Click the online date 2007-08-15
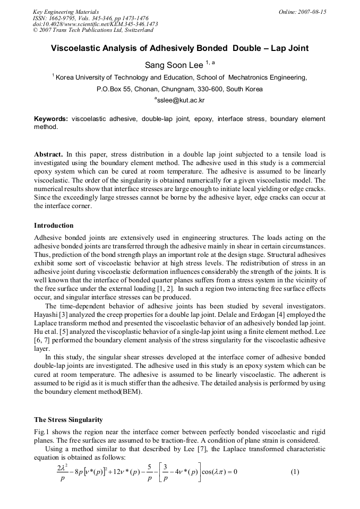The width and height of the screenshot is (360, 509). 311,12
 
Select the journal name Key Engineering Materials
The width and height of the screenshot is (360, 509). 66,12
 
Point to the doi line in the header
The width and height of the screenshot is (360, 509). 95,24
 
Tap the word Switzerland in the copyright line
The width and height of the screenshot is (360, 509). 134,30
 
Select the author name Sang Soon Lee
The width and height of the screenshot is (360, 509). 174,66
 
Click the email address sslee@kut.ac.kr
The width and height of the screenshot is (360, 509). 181,100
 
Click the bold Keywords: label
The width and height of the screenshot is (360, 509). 51,119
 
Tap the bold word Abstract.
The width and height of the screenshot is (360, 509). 49,154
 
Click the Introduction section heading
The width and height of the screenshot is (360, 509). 54,226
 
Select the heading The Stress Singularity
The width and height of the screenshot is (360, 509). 68,420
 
